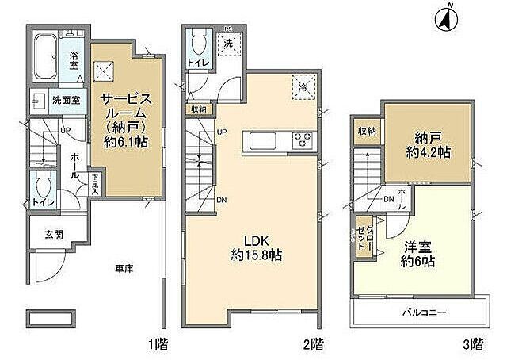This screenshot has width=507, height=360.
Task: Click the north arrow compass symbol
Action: pos(446,18)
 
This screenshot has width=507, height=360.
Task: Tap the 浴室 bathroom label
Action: pos(74,59)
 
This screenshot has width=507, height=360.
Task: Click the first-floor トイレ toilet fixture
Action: pos(40,188)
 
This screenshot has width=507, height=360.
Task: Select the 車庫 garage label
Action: pos(123,270)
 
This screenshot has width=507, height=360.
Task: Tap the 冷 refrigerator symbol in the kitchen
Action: pos(303,85)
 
